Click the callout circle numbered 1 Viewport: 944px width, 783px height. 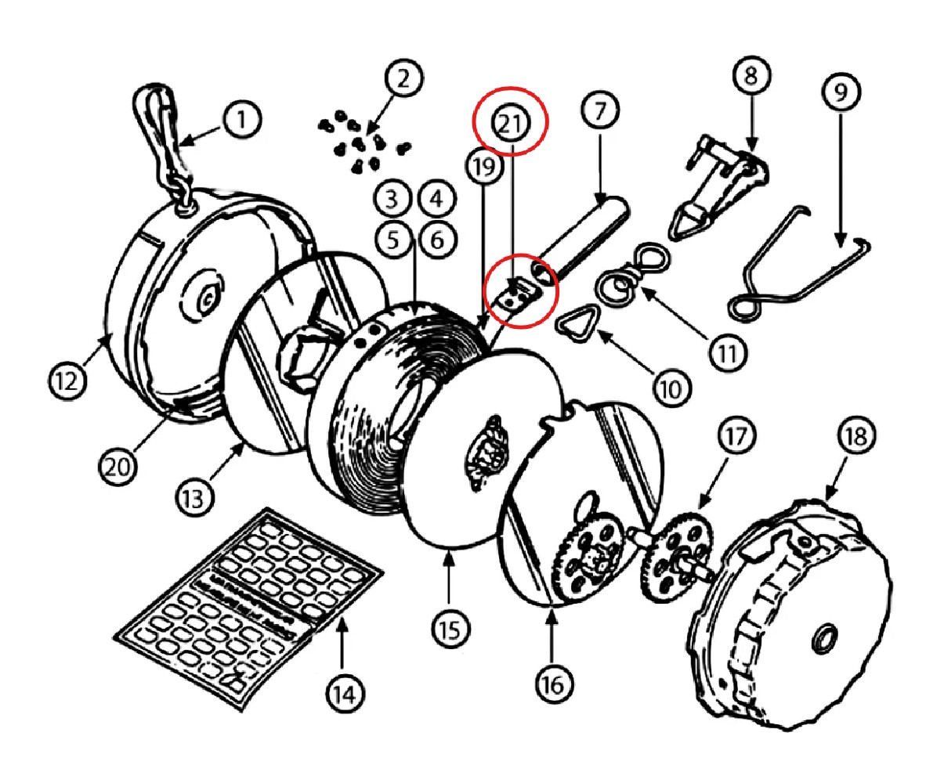click(x=242, y=120)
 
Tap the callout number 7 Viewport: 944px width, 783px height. click(x=599, y=110)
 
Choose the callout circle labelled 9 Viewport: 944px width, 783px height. click(x=841, y=92)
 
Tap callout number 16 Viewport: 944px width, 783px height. click(x=553, y=685)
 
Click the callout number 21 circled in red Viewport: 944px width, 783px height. click(x=510, y=123)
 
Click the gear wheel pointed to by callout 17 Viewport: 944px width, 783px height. click(x=677, y=559)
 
